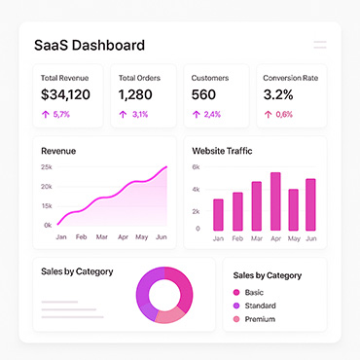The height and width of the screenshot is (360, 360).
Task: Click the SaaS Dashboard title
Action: pyautogui.click(x=90, y=45)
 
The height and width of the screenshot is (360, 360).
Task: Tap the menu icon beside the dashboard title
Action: pyautogui.click(x=320, y=45)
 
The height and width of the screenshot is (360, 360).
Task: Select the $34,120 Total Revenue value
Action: pyautogui.click(x=65, y=94)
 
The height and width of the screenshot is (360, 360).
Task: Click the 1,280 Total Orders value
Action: pyautogui.click(x=135, y=94)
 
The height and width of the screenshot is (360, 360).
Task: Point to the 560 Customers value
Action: pyautogui.click(x=203, y=94)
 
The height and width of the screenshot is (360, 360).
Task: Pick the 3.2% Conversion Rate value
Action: pyautogui.click(x=278, y=94)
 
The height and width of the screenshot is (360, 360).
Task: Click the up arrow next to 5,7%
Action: pyautogui.click(x=46, y=114)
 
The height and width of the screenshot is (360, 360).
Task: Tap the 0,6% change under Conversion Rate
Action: pyautogui.click(x=284, y=114)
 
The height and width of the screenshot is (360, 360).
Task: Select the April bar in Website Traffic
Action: pyautogui.click(x=275, y=201)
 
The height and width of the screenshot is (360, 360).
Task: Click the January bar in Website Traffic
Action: pyautogui.click(x=218, y=215)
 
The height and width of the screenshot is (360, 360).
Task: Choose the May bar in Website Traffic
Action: pyautogui.click(x=294, y=210)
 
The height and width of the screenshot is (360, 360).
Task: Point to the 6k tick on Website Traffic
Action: pyautogui.click(x=196, y=167)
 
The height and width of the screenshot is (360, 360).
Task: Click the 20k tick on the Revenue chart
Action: pyautogui.click(x=47, y=187)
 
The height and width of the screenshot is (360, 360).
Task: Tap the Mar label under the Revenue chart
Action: pyautogui.click(x=102, y=237)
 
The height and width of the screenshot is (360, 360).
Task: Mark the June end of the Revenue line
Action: pyautogui.click(x=166, y=166)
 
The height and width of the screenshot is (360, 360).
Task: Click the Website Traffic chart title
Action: pyautogui.click(x=222, y=151)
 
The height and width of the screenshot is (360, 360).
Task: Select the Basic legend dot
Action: pyautogui.click(x=236, y=293)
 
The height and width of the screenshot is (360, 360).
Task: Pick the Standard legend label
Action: pyautogui.click(x=261, y=306)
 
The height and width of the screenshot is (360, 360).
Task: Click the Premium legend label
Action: pyautogui.click(x=260, y=319)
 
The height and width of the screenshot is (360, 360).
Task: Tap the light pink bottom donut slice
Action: pyautogui.click(x=169, y=315)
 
